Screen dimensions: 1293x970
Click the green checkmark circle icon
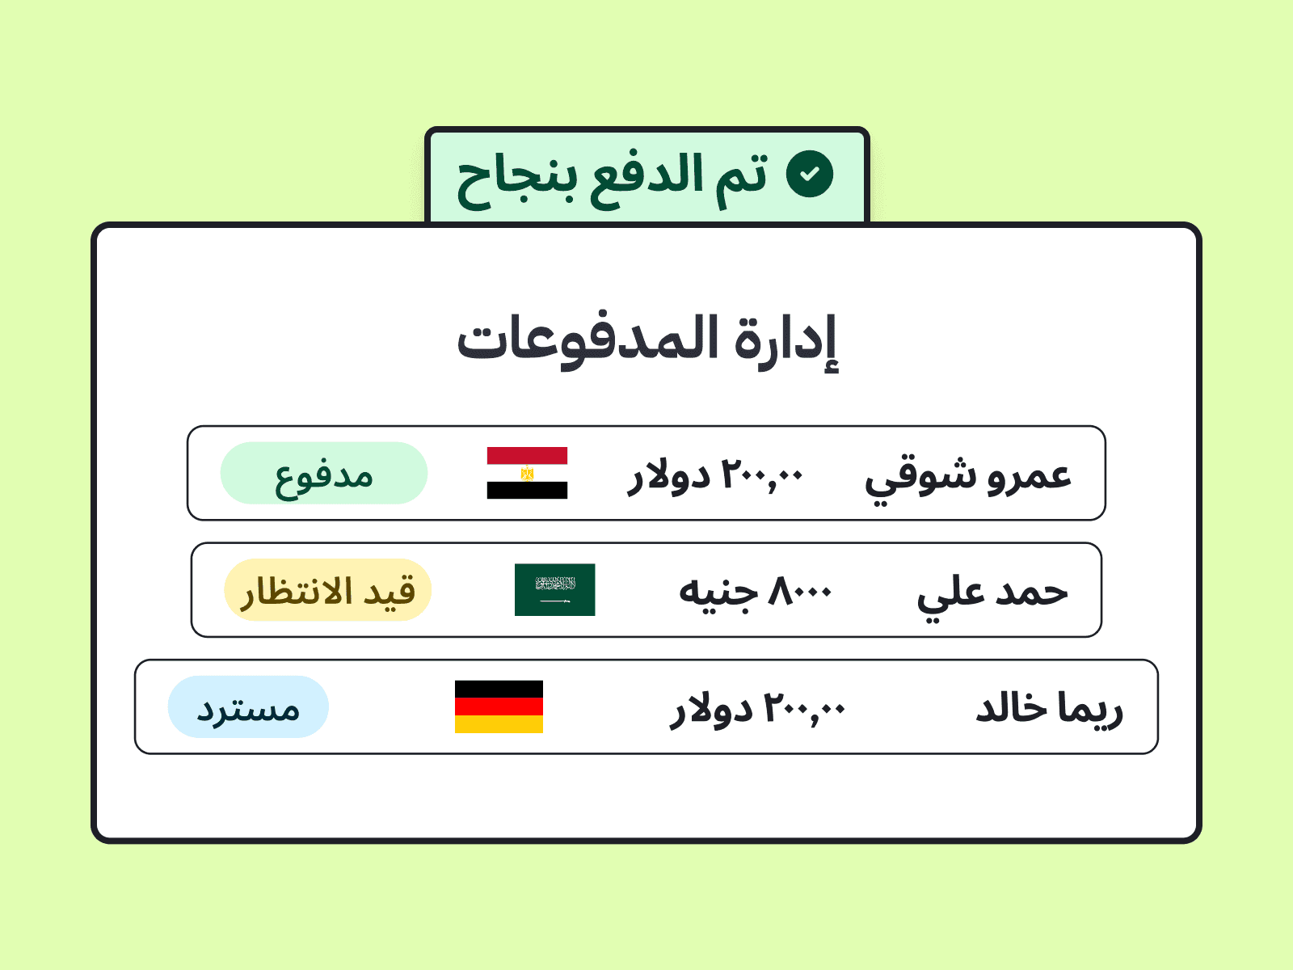pyautogui.click(x=810, y=174)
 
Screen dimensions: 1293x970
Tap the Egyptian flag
pyautogui.click(x=527, y=473)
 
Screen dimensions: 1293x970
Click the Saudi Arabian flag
pyautogui.click(x=554, y=589)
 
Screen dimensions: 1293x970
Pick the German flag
pyautogui.click(x=499, y=706)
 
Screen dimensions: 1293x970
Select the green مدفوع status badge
pyautogui.click(x=323, y=473)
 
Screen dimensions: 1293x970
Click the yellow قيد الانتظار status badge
pyautogui.click(x=327, y=589)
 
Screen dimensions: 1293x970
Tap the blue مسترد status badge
pyautogui.click(x=248, y=706)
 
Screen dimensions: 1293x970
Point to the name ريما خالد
pyautogui.click(x=1049, y=709)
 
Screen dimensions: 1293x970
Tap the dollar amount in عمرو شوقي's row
pyautogui.click(x=714, y=476)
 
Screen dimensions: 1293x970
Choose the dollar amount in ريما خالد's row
pyautogui.click(x=757, y=709)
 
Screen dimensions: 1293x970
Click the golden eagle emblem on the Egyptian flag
pyautogui.click(x=527, y=473)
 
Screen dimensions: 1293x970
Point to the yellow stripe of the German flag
pyautogui.click(x=499, y=724)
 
